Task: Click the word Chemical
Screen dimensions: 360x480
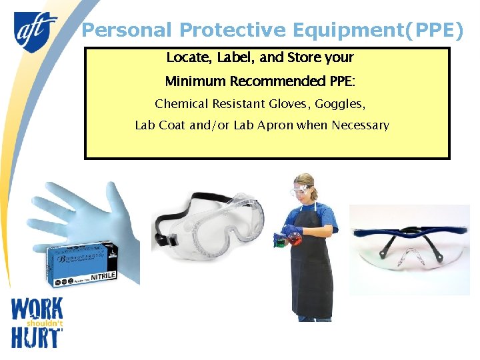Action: tap(181, 104)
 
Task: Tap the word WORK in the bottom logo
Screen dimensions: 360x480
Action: tap(37, 309)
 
